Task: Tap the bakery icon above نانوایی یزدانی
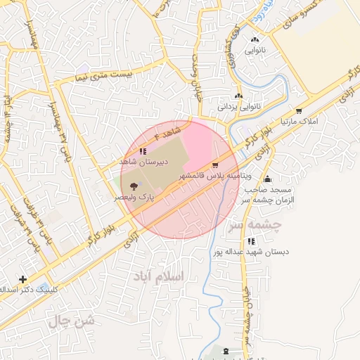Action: tap(238, 96)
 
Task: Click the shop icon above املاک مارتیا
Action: tap(300, 111)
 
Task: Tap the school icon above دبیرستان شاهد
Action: tap(143, 151)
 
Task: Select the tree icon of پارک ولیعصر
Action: tap(133, 187)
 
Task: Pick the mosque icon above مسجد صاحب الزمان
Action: tap(266, 178)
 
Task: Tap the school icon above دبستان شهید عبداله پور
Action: tap(251, 241)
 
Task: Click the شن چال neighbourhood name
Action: tap(70, 322)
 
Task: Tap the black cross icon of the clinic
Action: tap(23, 279)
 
